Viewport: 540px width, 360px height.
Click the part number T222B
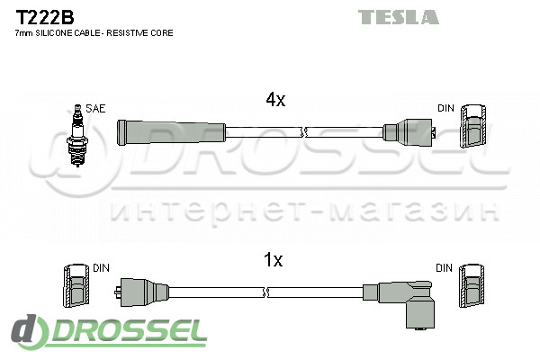pyautogui.click(x=44, y=17)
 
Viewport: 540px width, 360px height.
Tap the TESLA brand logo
pyautogui.click(x=399, y=17)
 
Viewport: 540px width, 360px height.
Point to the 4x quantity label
pyautogui.click(x=275, y=100)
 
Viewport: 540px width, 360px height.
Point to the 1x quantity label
pyautogui.click(x=273, y=259)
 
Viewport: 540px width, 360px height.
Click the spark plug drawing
pyautogui.click(x=78, y=135)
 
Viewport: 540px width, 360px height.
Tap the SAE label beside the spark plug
pyautogui.click(x=95, y=109)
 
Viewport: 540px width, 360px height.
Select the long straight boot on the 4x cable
pyautogui.click(x=172, y=132)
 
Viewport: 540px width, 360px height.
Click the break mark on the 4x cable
pyautogui.click(x=304, y=132)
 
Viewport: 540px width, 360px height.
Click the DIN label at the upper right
pyautogui.click(x=445, y=108)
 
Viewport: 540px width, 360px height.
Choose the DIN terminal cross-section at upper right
pyautogui.click(x=474, y=126)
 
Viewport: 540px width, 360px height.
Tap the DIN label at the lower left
pyautogui.click(x=101, y=267)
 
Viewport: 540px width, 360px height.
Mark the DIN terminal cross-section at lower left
pyautogui.click(x=76, y=285)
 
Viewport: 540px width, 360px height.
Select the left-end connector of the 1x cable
pyautogui.click(x=141, y=292)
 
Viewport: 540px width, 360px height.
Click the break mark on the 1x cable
pyautogui.click(x=265, y=292)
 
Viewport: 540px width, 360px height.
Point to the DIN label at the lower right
pyautogui.click(x=444, y=267)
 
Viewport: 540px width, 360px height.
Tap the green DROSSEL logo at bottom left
pyautogui.click(x=110, y=332)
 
